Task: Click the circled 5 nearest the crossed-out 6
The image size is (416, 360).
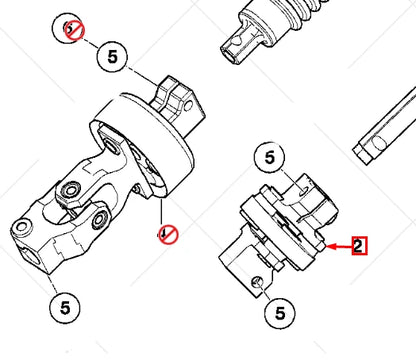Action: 111,59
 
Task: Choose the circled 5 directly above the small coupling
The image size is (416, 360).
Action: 267,157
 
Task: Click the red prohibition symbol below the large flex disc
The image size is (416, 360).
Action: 167,234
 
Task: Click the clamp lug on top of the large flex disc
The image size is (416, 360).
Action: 171,96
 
